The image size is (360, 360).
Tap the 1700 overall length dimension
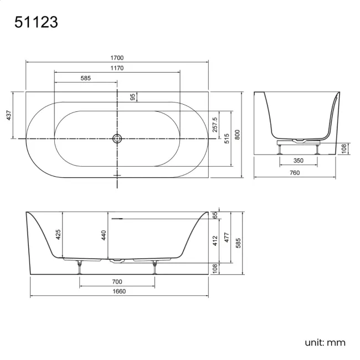point(117,58)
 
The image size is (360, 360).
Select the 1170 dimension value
point(117,68)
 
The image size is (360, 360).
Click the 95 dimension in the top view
point(133,97)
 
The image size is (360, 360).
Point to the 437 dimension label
point(9,115)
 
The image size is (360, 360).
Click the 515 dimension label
point(226,137)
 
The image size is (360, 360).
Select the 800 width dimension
point(237,134)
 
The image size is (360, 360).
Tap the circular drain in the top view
point(117,138)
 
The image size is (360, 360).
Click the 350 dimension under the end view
point(298,161)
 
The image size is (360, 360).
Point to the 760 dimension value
point(295,173)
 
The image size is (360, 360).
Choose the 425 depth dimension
point(58,234)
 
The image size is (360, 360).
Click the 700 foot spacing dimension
point(117,282)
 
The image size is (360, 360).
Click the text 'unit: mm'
point(325,342)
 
